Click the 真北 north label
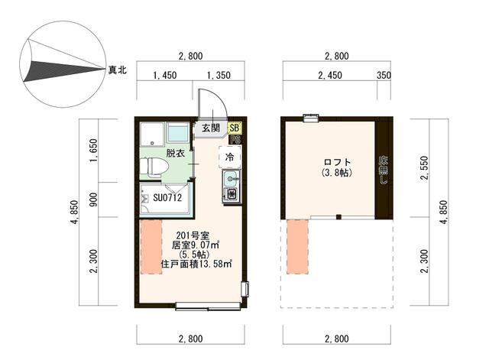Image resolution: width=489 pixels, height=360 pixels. [117, 70]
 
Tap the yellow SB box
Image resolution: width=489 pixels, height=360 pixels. [235, 128]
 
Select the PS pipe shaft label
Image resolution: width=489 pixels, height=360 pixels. [235, 139]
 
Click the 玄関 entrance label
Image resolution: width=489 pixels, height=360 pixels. [211, 128]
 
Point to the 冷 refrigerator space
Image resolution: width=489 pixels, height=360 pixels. [230, 157]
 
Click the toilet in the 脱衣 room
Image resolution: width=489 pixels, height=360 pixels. [154, 167]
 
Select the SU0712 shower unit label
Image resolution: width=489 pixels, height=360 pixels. [167, 198]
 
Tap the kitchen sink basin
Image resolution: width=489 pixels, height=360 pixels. [231, 179]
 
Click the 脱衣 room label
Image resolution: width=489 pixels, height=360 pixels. [176, 153]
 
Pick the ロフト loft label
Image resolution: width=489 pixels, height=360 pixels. [337, 162]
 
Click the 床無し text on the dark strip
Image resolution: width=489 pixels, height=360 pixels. [383, 170]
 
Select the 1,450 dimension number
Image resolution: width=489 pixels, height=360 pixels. [165, 76]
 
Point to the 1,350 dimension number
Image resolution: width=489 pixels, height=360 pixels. [219, 76]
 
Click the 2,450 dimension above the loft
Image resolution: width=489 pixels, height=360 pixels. [330, 76]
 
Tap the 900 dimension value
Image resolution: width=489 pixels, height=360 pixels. [93, 199]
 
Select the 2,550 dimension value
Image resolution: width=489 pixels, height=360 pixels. [425, 168]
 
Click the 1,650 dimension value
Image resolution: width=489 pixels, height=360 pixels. [93, 151]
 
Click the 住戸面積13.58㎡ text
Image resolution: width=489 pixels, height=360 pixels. [196, 264]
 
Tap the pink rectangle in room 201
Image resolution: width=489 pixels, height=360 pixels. [151, 247]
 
